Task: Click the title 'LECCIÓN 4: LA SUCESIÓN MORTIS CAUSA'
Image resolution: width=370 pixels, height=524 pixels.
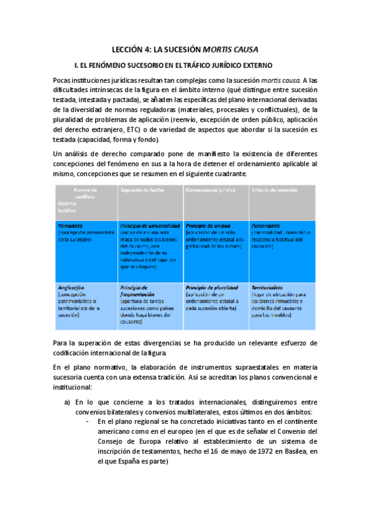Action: click(x=185, y=48)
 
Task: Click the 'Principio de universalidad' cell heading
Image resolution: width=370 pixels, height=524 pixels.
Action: click(x=151, y=226)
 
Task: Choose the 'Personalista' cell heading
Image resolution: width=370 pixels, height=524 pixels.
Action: click(x=266, y=226)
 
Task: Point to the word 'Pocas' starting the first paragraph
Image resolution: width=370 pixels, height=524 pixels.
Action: click(x=63, y=80)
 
